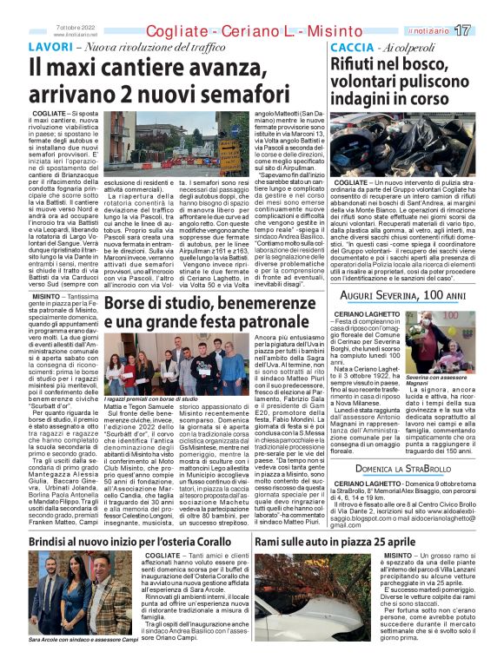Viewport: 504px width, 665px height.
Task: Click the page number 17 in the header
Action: point(487,30)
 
